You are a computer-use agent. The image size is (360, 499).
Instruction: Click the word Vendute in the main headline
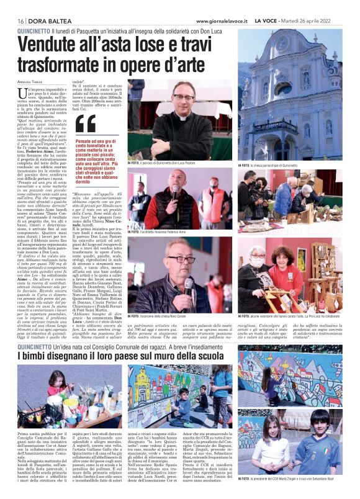56,45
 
